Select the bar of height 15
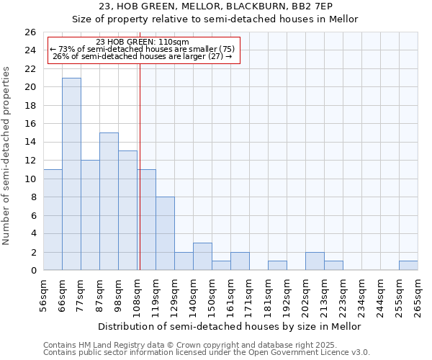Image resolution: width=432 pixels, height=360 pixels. click(109, 201)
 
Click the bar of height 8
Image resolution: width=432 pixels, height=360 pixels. click(165, 233)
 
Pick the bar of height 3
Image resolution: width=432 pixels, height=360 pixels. click(202, 256)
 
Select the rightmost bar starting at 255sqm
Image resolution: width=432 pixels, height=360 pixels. click(408, 265)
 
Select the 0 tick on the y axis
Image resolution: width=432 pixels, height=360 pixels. click(32, 271)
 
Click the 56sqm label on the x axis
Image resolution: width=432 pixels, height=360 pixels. click(44, 295)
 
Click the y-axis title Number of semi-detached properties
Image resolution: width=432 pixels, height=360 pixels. click(7, 156)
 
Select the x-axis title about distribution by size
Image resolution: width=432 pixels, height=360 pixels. click(230, 326)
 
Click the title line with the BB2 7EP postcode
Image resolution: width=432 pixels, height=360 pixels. click(215, 6)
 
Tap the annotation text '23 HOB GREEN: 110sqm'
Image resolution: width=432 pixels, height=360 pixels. click(142, 42)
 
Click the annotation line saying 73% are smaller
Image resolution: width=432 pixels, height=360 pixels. click(142, 49)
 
